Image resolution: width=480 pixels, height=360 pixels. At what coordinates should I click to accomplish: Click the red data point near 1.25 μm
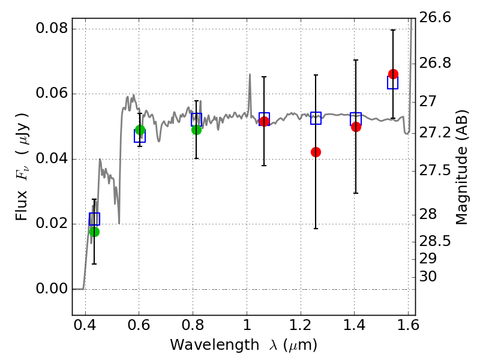(x=316, y=152)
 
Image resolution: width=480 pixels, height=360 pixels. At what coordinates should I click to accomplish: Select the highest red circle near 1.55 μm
(x=393, y=74)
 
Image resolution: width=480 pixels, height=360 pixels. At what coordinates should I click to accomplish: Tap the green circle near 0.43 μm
(x=95, y=232)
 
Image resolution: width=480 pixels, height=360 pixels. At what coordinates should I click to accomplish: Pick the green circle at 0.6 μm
(x=140, y=130)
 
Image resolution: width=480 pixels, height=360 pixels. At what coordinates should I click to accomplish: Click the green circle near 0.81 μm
(x=197, y=130)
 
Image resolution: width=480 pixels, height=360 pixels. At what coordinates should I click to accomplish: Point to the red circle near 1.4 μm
(x=356, y=127)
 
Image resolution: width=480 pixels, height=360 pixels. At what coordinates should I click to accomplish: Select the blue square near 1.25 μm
(x=316, y=118)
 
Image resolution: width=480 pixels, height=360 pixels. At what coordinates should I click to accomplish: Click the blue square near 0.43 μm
(x=94, y=219)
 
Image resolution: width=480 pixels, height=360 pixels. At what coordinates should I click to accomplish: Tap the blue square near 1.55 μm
(x=392, y=83)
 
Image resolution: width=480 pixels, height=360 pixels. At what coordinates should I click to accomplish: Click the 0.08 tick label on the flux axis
(x=52, y=28)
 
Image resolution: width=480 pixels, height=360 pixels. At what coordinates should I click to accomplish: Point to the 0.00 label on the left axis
(x=52, y=289)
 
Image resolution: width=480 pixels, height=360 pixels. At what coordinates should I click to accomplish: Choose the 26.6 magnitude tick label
(x=435, y=17)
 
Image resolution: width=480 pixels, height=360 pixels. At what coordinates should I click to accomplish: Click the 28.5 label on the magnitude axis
(x=435, y=241)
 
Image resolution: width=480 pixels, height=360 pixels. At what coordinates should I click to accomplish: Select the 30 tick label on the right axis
(x=428, y=277)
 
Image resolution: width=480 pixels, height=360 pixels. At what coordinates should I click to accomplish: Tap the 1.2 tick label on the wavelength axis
(x=301, y=325)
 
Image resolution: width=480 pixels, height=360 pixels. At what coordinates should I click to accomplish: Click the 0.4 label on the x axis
(x=85, y=325)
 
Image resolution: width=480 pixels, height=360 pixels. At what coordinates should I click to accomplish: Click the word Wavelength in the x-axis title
(x=215, y=345)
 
